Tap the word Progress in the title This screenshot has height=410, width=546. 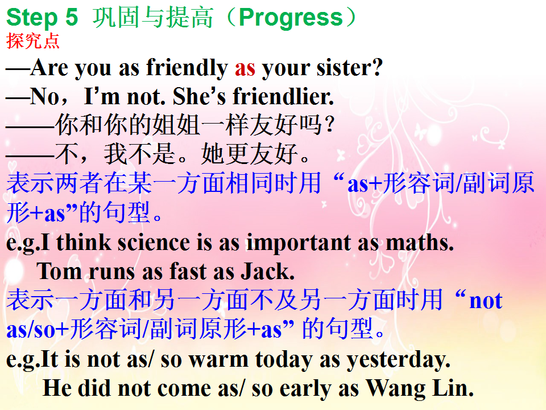tap(291, 18)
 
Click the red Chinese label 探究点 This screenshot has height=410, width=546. tap(33, 41)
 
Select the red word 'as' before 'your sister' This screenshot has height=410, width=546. tap(245, 68)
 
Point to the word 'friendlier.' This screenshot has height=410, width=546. tap(283, 96)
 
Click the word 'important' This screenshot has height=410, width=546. tap(299, 243)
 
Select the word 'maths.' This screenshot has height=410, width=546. tap(420, 243)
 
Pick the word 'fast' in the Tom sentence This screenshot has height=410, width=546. tap(188, 271)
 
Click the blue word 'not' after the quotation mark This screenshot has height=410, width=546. tap(486, 301)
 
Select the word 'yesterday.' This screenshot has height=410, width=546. tap(398, 360)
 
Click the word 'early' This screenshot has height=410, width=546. tap(305, 389)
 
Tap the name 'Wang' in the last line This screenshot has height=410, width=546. tap(396, 389)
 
